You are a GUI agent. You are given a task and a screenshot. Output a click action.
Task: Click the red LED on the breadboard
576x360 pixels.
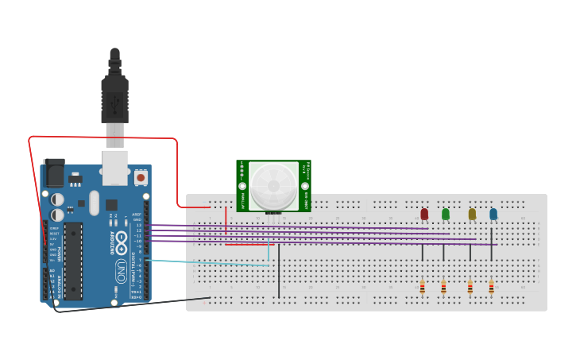click(424, 214)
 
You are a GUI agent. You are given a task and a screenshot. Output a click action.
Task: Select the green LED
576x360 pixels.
click(446, 214)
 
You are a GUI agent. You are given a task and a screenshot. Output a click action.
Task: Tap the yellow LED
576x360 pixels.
click(472, 214)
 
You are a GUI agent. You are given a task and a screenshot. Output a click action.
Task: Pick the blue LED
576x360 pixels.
click(493, 214)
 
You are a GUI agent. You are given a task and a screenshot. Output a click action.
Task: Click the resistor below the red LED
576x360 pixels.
click(423, 286)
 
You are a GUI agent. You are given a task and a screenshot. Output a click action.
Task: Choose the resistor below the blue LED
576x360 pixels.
click(491, 286)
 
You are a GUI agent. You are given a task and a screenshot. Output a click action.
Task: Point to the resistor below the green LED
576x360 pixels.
click(443, 286)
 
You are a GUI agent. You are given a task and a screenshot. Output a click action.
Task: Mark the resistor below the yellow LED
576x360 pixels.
click(470, 286)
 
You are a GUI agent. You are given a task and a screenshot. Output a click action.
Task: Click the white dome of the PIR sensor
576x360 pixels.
click(273, 186)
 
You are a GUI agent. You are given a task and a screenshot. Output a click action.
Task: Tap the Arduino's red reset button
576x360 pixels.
click(141, 177)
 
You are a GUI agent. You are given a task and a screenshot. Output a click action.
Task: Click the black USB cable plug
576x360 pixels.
click(114, 99)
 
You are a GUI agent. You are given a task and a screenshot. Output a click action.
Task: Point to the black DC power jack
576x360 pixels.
click(54, 172)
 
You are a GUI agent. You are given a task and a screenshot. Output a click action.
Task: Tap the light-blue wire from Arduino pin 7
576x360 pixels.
click(207, 263)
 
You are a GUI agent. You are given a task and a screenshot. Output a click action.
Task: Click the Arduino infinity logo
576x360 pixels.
click(121, 240)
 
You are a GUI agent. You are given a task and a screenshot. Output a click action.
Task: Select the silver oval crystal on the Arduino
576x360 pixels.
click(95, 203)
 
